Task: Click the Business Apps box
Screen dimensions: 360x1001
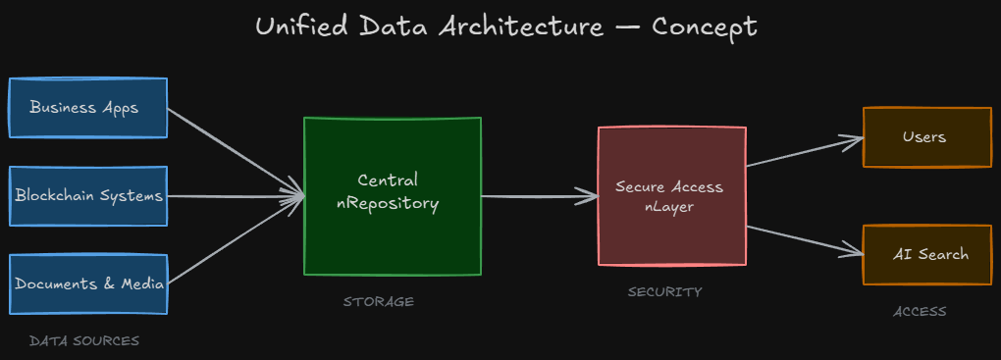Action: [x=87, y=107]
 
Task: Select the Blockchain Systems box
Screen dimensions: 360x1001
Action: [x=87, y=195]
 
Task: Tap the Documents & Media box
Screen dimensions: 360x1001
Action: [x=87, y=283]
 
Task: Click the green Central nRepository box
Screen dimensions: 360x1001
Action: [x=392, y=196]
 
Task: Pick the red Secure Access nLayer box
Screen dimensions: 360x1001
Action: [x=671, y=195]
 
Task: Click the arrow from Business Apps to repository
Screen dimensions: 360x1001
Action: [x=236, y=152]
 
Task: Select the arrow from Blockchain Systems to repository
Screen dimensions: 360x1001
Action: [x=236, y=196]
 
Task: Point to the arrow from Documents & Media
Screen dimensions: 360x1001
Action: [x=236, y=240]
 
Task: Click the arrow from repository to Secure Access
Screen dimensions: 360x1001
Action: [x=540, y=196]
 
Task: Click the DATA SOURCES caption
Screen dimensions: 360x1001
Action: [x=84, y=341]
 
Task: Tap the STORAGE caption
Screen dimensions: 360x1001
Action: [x=379, y=302]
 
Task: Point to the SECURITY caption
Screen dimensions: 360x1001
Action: [x=665, y=292]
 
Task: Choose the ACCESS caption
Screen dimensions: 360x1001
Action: [x=920, y=312]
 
